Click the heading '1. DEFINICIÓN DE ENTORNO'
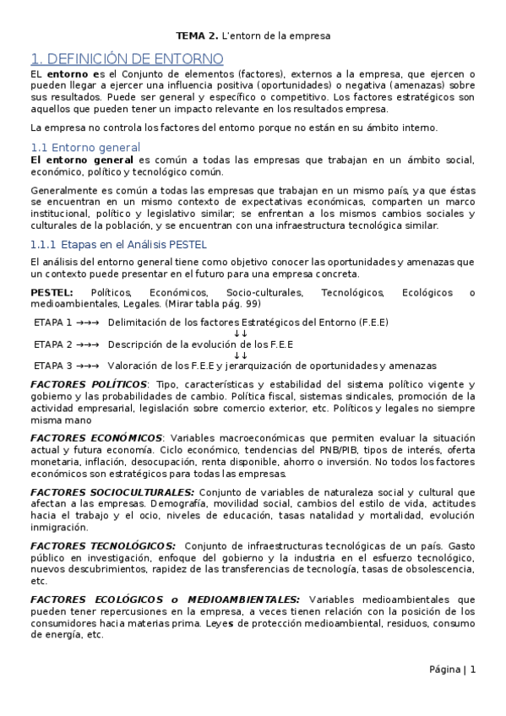[127, 59]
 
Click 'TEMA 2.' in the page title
[196, 36]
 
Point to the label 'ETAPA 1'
[52, 323]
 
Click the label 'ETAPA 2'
[52, 344]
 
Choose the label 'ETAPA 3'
[52, 366]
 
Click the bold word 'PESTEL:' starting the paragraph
[51, 293]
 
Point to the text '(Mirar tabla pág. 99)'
[213, 304]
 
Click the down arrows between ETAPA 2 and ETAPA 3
[240, 355]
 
